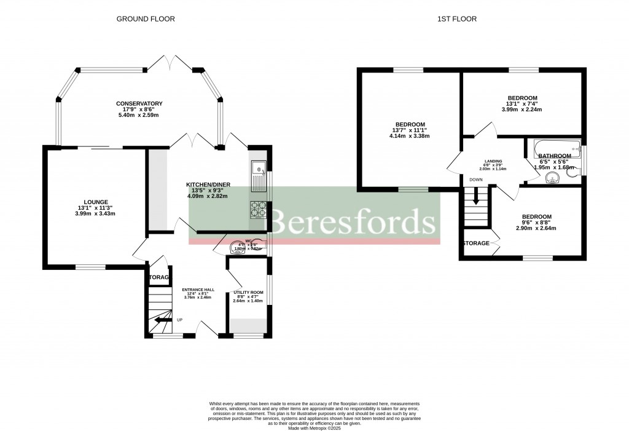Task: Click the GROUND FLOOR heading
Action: [146, 19]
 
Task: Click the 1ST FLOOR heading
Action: [456, 19]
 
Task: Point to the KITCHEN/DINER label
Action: [207, 184]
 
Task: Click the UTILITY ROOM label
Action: [248, 293]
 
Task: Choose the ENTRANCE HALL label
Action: [198, 290]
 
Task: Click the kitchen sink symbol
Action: [259, 167]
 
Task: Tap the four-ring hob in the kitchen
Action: [258, 209]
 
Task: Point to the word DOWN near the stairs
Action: [475, 180]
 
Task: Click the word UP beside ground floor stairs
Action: [180, 320]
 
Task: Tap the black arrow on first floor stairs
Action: [475, 198]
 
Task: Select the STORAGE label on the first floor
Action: [477, 243]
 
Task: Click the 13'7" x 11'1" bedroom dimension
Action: [410, 130]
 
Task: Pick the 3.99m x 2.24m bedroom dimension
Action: [522, 109]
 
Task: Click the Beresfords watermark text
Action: [353, 221]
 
